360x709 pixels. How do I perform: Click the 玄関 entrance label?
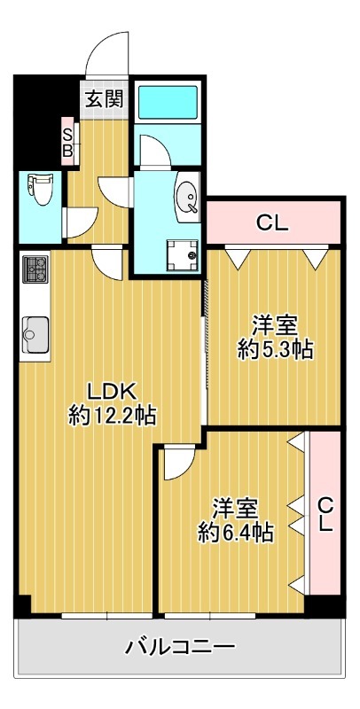point(105,99)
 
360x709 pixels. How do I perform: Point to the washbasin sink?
point(187,197)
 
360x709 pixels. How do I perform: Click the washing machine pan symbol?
point(184,255)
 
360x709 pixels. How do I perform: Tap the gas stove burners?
point(35,269)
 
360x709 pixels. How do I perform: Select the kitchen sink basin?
point(35,334)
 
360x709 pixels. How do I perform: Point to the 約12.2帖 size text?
point(112,415)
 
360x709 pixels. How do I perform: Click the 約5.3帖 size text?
point(276,349)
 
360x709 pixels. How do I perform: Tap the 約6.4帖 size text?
point(236,533)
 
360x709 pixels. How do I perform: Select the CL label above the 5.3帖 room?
point(272,222)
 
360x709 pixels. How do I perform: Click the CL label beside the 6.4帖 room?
point(325,514)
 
